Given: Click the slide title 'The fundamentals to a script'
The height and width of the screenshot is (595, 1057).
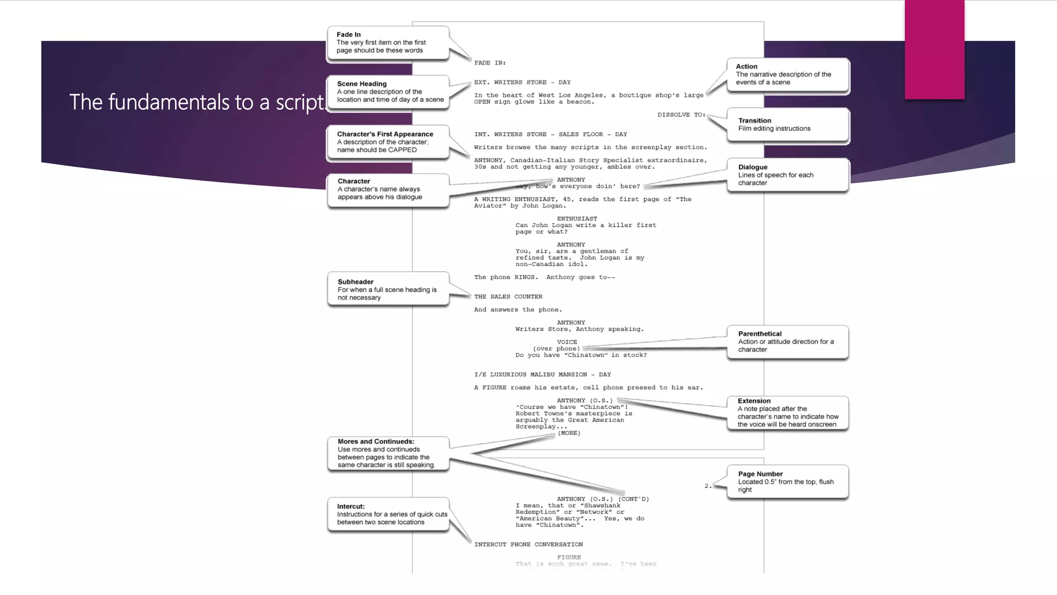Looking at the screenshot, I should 197,102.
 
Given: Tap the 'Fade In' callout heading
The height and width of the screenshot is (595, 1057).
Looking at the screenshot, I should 348,35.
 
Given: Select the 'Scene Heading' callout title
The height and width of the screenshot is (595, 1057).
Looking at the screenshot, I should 361,84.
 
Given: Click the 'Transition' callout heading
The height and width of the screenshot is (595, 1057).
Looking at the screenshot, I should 754,120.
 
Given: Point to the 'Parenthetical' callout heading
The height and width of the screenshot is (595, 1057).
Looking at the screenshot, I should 759,334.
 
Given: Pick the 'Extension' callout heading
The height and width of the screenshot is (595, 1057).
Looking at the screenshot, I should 754,401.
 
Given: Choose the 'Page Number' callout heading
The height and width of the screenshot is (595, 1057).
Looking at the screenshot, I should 760,474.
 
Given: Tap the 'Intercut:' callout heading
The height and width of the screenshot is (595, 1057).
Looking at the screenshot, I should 350,506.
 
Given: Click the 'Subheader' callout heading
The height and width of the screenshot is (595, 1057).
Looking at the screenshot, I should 355,281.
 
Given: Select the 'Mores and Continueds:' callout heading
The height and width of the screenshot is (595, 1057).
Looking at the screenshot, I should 376,442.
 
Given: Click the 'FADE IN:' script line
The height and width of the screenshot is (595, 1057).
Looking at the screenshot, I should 490,63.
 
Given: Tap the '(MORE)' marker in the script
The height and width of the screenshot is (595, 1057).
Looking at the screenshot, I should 569,433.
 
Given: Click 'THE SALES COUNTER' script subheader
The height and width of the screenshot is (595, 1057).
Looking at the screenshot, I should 508,296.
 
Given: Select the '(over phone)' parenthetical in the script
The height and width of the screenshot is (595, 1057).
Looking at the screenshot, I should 556,349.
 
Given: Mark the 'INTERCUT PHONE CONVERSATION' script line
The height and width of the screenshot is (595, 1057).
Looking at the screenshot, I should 528,544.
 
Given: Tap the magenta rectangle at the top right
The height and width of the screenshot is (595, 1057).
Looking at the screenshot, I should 934,49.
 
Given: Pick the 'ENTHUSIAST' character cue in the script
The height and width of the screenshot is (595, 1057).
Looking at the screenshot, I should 576,219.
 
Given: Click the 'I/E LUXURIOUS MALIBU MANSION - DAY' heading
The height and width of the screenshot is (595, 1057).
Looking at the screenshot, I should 542,374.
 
